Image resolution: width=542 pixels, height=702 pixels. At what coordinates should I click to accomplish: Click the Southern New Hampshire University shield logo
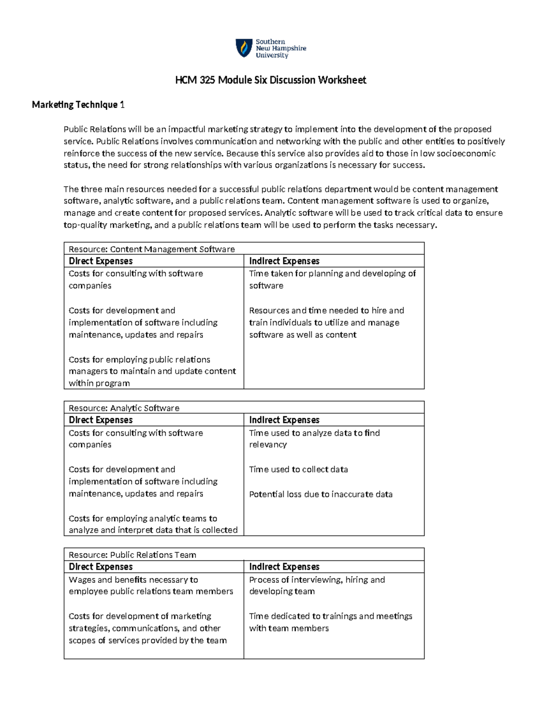pos(244,48)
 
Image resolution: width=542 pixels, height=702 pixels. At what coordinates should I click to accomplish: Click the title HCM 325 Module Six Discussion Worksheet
pos(271,80)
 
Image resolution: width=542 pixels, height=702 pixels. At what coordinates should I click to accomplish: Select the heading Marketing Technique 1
pos(78,105)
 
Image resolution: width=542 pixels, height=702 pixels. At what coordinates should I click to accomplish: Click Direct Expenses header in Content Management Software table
pos(101,261)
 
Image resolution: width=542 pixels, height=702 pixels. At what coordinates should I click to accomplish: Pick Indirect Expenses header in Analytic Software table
pos(284,420)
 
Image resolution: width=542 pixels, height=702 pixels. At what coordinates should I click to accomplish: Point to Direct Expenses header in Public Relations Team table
pos(101,567)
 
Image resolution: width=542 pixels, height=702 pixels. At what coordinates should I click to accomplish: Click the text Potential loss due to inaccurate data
pos(321,494)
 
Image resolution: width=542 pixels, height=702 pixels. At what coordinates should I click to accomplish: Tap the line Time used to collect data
pos(299,469)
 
